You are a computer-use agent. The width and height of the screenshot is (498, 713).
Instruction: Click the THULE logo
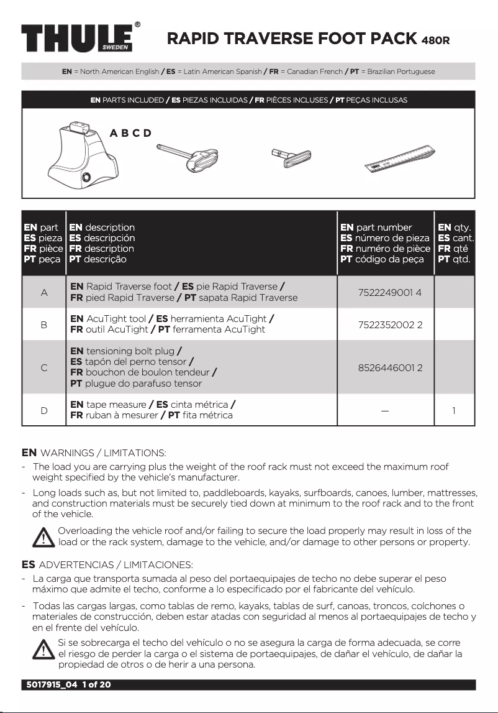[x=78, y=39]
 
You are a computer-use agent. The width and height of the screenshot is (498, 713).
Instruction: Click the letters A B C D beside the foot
[x=130, y=133]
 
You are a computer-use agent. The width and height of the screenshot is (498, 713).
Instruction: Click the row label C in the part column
[x=43, y=367]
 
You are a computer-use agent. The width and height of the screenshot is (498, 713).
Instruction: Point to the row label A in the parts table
[x=43, y=292]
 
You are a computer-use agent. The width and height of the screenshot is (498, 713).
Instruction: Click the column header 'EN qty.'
[x=455, y=228]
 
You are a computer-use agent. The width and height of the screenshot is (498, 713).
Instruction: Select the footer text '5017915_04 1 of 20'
[x=68, y=685]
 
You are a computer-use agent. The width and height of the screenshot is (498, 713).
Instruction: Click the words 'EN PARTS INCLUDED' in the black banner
[x=127, y=99]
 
